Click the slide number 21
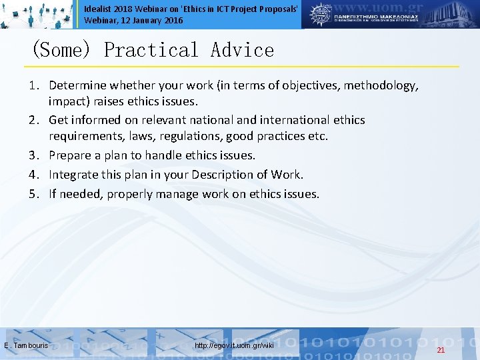pos(441,350)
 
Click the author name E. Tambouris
pos(26,346)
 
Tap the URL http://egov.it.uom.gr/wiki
pos(233,346)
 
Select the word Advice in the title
pos(242,50)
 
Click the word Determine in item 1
pos(77,85)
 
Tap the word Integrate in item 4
pos(75,175)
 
